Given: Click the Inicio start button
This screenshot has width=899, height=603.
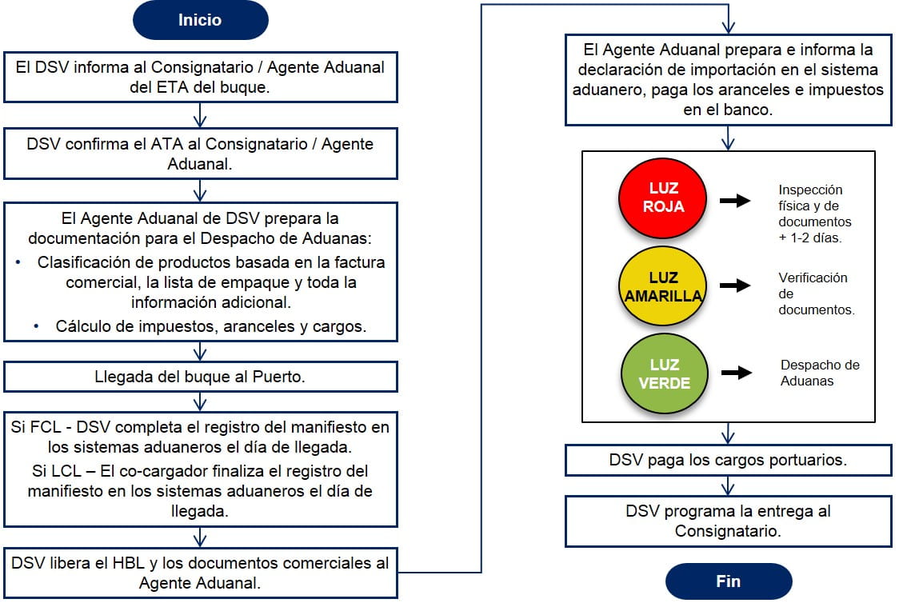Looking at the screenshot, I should click(x=200, y=20).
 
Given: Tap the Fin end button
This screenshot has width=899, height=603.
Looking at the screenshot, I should click(x=728, y=581).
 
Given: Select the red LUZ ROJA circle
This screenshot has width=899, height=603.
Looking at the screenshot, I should click(x=662, y=198).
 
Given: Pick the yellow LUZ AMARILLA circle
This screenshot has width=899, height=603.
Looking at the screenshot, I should click(x=662, y=286).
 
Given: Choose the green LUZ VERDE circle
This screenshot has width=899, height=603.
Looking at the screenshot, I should click(x=662, y=373).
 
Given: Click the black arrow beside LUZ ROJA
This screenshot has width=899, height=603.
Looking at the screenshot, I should click(x=735, y=200).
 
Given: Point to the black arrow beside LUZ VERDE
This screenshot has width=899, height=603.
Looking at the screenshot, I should click(x=735, y=373).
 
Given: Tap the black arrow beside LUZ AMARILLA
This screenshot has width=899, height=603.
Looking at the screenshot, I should click(x=735, y=286).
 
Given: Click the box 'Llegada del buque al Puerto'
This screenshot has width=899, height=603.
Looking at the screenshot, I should click(x=200, y=377).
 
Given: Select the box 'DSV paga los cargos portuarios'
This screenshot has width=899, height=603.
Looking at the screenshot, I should click(x=728, y=460).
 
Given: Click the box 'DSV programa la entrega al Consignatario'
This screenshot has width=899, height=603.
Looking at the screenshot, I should click(x=728, y=521).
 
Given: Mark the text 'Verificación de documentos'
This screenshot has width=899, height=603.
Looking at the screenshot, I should click(x=816, y=294).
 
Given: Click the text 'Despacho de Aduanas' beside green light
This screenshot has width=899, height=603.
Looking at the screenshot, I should click(x=819, y=373).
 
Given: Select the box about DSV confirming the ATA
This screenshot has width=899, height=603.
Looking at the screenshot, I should click(x=200, y=155).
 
